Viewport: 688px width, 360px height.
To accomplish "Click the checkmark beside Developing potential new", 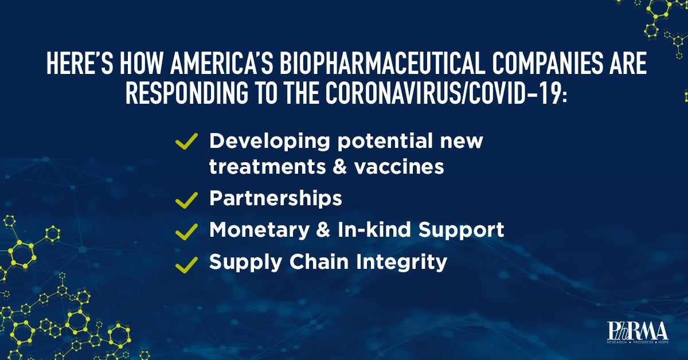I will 186,142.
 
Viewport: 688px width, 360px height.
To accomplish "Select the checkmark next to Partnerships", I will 186,200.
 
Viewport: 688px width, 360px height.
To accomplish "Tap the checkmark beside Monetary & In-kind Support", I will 186,231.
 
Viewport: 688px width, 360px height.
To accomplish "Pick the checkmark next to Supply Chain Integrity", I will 186,264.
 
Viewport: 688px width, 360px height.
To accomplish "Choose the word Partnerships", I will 275,199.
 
